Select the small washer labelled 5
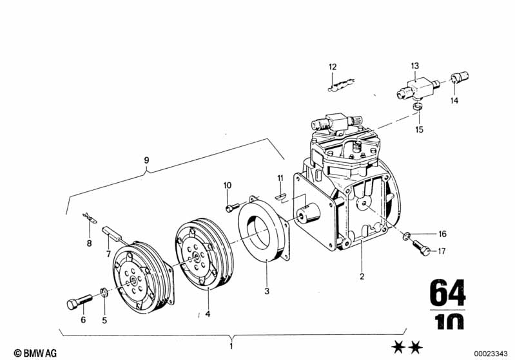104,292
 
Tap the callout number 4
208,314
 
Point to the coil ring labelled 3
264,229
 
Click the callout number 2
362,276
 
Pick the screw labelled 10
233,207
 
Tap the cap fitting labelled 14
460,77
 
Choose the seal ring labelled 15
418,106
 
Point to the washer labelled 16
406,235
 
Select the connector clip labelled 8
89,218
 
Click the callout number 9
146,160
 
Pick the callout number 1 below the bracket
231,346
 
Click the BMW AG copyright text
35,353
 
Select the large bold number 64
447,293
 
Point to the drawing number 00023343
491,354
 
